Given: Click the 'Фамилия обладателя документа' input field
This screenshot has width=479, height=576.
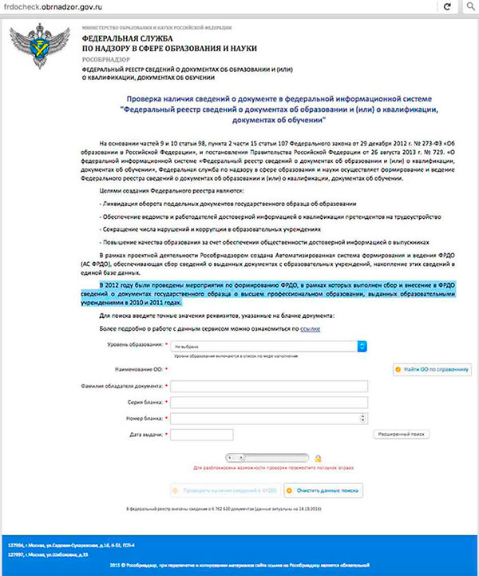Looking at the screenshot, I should click(x=269, y=386).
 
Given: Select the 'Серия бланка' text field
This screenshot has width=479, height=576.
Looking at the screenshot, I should click(x=269, y=402).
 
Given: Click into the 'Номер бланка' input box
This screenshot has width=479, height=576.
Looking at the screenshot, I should click(x=269, y=418).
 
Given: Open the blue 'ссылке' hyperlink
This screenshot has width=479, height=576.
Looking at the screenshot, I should click(x=311, y=328).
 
